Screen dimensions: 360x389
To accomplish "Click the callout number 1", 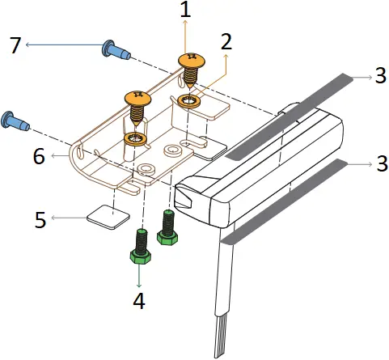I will (185, 12).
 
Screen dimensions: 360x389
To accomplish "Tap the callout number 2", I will (227, 41).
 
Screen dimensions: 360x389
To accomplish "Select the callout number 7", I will (13, 47).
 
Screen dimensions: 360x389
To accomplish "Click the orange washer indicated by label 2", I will (192, 101).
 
